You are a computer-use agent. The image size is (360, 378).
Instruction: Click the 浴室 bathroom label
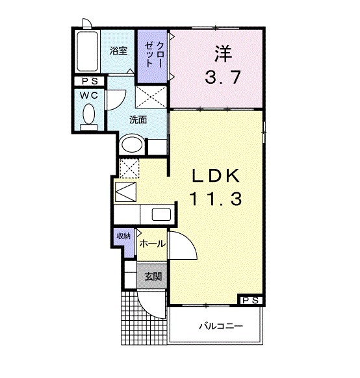[x=118, y=51]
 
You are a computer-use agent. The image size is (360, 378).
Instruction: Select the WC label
[x=89, y=95]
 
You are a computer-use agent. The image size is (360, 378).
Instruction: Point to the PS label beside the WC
[x=89, y=81]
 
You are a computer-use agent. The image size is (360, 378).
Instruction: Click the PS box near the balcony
[x=251, y=299]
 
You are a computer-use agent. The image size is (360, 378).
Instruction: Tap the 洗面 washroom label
[x=138, y=120]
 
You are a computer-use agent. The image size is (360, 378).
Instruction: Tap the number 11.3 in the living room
[x=216, y=199]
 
